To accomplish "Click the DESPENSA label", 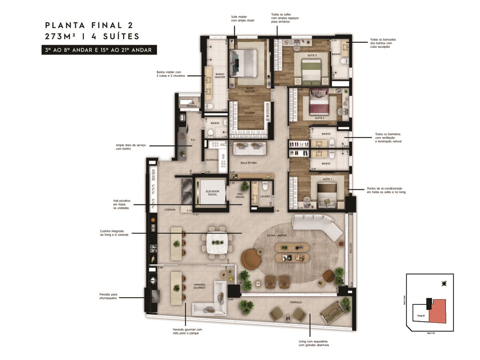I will (212, 160).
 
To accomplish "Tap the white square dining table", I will (217, 243).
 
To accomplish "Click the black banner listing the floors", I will (99, 50).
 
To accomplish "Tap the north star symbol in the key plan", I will (443, 284).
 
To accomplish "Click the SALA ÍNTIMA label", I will (248, 163).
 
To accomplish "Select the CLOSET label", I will (250, 113).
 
